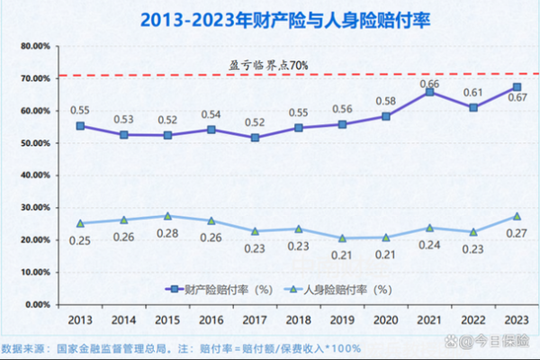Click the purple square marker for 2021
(x=430, y=92)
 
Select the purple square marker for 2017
(x=255, y=138)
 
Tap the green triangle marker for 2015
(x=167, y=216)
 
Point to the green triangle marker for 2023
(x=517, y=216)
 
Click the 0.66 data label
(x=430, y=84)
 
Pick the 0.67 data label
(x=518, y=97)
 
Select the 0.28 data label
(x=167, y=233)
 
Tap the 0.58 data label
(x=386, y=101)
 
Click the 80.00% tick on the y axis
(x=34, y=46)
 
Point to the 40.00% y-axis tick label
(x=34, y=175)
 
